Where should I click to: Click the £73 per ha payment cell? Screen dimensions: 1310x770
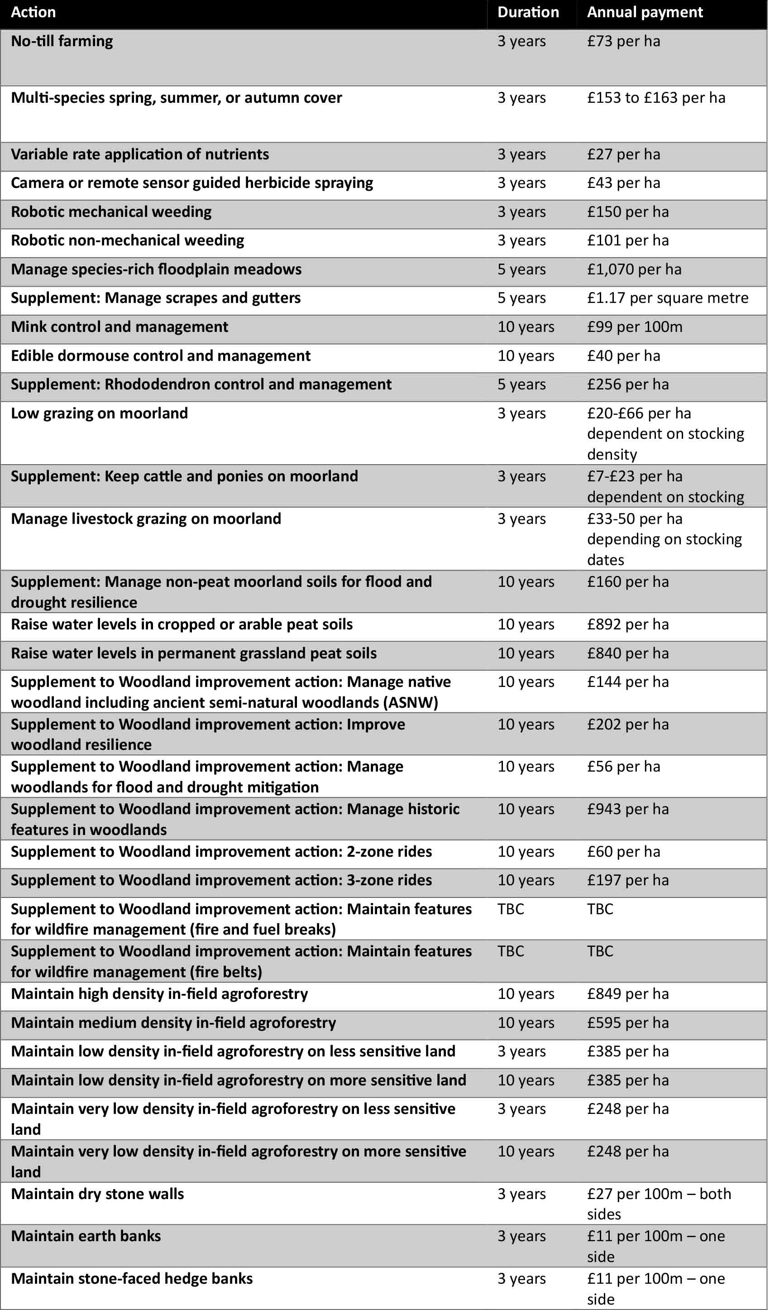[x=623, y=41]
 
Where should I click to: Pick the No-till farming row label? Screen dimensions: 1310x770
[x=62, y=41]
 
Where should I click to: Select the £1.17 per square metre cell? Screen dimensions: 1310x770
[x=668, y=298]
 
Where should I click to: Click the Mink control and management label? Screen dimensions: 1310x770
[x=120, y=327]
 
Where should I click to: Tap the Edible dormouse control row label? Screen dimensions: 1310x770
[x=161, y=356]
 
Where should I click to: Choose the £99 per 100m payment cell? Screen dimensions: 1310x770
[x=634, y=327]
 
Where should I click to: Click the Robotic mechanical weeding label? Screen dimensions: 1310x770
[x=111, y=212]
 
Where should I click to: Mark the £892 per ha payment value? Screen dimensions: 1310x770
[x=628, y=624]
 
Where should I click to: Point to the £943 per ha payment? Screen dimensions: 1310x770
[x=628, y=809]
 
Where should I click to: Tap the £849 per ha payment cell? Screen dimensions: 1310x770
[x=628, y=994]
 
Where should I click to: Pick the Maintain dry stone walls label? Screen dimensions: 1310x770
[x=97, y=1194]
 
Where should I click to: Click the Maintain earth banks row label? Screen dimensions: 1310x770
[x=86, y=1236]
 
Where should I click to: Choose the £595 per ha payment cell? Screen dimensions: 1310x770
[x=628, y=1023]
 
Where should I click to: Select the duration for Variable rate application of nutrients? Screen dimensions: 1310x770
[x=521, y=154]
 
